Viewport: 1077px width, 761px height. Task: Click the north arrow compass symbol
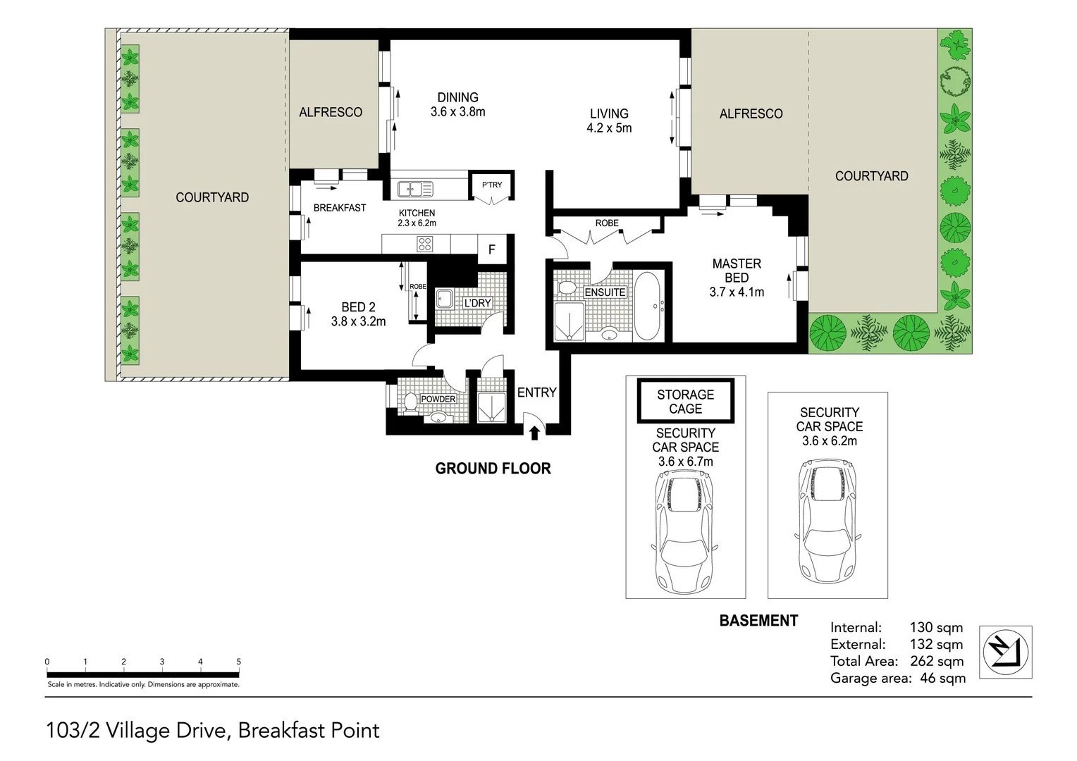[x=1005, y=652]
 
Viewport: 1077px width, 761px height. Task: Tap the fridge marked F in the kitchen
[x=492, y=249]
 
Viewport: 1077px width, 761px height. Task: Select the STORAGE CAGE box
[x=686, y=401]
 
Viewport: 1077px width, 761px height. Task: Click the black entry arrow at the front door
[x=534, y=433]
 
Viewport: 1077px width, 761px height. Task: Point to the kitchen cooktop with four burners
[x=424, y=245]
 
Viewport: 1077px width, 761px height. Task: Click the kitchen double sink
[x=415, y=188]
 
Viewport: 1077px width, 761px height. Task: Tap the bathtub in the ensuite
[x=648, y=307]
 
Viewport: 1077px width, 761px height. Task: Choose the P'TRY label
[x=492, y=185]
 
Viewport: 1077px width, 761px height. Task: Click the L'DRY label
[x=477, y=303]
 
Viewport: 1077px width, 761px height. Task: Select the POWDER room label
[x=438, y=399]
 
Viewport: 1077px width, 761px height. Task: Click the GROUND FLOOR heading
[x=493, y=469]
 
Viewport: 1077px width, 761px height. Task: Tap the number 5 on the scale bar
[x=238, y=662]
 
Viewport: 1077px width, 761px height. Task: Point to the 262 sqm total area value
[x=937, y=661]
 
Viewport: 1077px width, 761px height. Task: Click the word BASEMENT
[x=758, y=621]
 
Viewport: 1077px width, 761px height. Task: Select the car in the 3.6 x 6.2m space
[x=827, y=520]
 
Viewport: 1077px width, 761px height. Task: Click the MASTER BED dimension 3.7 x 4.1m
[x=737, y=292]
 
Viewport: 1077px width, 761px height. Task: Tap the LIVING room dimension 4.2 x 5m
[x=609, y=128]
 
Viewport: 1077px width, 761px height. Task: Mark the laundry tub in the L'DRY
[x=445, y=299]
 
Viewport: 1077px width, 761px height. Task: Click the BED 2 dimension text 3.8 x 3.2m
[x=358, y=321]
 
